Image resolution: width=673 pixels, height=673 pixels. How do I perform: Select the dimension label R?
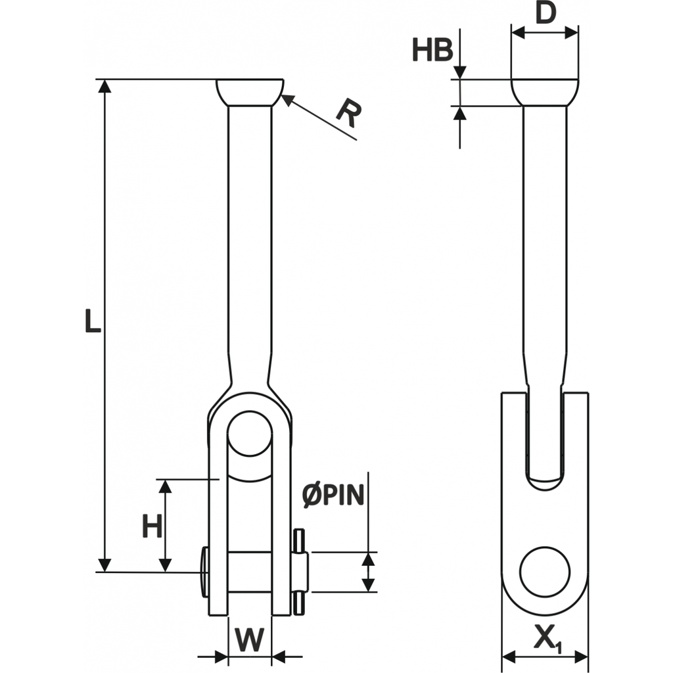tap(348, 114)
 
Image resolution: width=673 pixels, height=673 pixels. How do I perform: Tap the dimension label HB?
tap(432, 51)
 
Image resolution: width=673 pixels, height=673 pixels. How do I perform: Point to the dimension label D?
tap(545, 13)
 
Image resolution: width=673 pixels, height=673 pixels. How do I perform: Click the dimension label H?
tap(152, 526)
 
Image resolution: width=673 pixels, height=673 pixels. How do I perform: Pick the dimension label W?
tap(250, 639)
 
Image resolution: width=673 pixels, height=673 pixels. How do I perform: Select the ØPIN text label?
tap(333, 496)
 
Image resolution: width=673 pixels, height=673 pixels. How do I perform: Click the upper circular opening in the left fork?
tap(250, 434)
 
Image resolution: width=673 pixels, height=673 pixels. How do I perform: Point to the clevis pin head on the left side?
tap(205, 572)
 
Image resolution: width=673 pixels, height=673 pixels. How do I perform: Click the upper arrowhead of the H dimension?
tap(165, 486)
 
